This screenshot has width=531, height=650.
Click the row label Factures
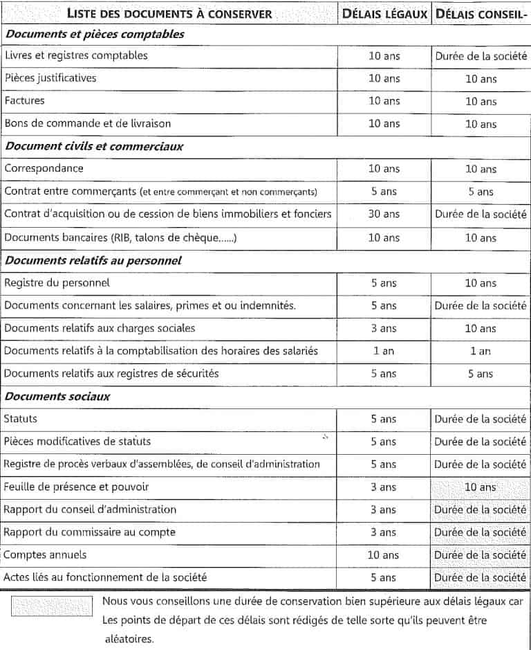pos(24,100)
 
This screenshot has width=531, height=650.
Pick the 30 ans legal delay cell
pos(384,214)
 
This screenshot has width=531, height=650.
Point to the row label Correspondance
pos(44,168)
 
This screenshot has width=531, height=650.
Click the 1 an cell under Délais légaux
pos(384,351)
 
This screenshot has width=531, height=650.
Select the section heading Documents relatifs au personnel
pos(93,260)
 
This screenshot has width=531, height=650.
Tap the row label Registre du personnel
pos(57,282)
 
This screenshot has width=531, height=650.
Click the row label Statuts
pos(21,419)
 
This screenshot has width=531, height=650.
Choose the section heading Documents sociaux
pos(57,397)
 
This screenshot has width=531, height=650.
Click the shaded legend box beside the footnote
pos(52,606)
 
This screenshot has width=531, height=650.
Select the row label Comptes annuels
pos(46,555)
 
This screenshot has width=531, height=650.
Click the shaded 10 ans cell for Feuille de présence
pos(480,487)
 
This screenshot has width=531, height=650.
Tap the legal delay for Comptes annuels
pos(384,555)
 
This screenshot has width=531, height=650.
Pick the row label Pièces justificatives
pos(50,78)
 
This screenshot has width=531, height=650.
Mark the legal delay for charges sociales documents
pos(384,328)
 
